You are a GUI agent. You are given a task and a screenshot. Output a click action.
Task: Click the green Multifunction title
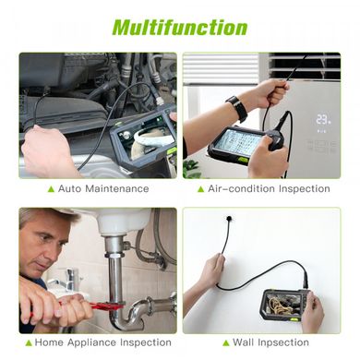pos(180,28)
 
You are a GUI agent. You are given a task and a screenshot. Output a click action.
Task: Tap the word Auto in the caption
pos(70,188)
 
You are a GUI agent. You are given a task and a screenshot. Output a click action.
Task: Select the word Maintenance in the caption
pos(117,188)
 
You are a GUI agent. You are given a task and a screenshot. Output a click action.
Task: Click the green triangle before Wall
pos(226,342)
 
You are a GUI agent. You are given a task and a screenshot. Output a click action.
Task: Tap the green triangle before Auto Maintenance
pos(51,189)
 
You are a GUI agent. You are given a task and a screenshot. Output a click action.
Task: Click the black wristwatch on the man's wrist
pos(237,108)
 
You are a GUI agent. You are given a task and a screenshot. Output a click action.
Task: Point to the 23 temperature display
pos(323,119)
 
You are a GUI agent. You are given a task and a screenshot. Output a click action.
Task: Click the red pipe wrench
pos(92,307)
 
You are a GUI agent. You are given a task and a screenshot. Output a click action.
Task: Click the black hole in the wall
pos(229,219)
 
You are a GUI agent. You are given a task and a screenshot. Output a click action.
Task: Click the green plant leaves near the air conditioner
pos(192,169)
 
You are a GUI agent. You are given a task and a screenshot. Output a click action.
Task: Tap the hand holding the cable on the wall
pos(212,270)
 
